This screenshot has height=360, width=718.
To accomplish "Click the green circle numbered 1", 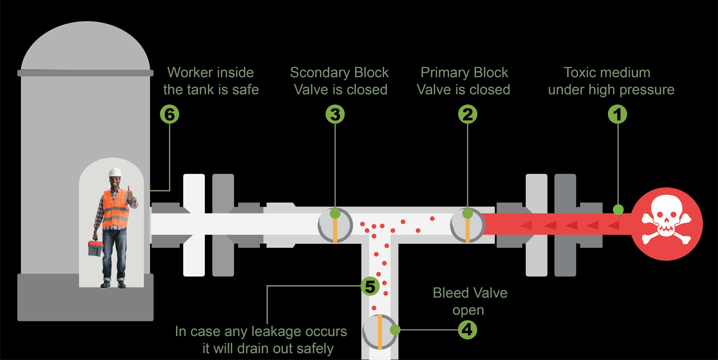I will pyautogui.click(x=617, y=114).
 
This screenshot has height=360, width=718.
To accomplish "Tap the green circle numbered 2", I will pyautogui.click(x=468, y=114).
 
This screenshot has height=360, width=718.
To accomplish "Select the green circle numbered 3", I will pyautogui.click(x=335, y=114).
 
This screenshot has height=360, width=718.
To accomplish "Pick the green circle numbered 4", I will pyautogui.click(x=468, y=330).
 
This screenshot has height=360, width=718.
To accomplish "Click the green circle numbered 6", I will pyautogui.click(x=170, y=114).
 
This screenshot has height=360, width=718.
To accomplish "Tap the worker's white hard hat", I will pyautogui.click(x=115, y=172).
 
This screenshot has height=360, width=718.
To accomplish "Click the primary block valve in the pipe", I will pyautogui.click(x=468, y=225).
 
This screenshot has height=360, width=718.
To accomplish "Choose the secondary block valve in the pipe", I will pyautogui.click(x=335, y=225).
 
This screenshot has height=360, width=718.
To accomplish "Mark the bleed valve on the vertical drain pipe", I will pyautogui.click(x=380, y=332).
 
